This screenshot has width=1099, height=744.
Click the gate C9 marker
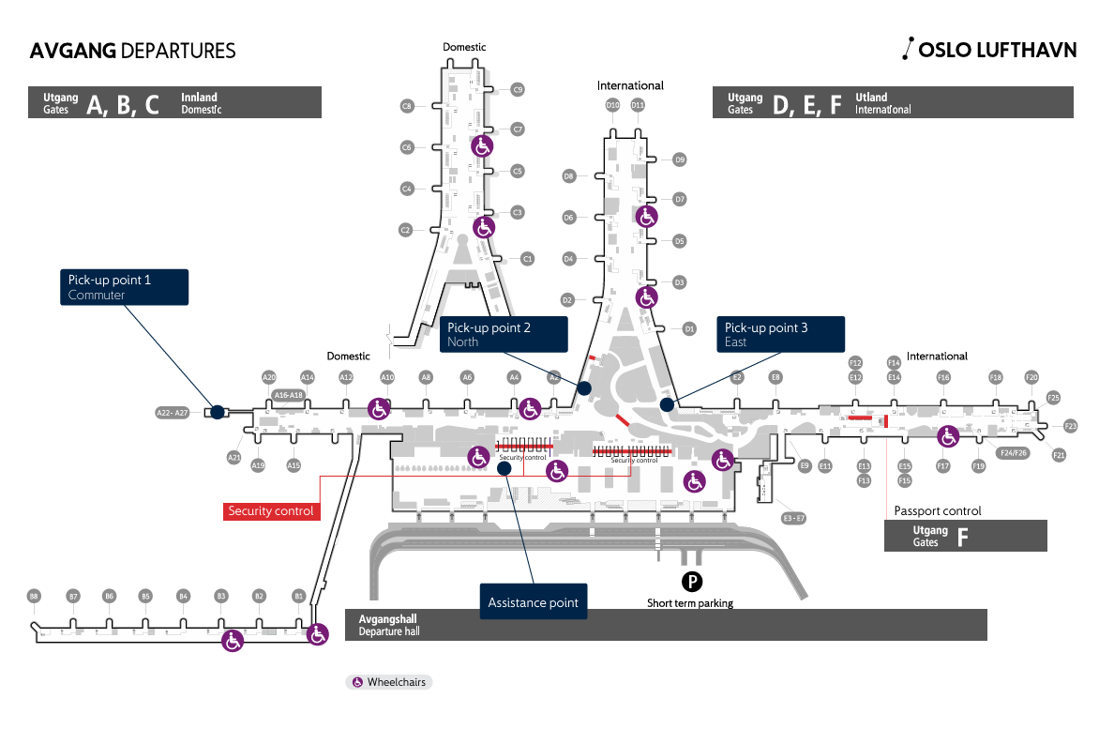[517, 90]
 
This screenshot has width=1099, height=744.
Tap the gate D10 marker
[613, 105]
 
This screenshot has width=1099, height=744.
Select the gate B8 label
[34, 596]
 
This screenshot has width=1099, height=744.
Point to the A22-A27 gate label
[173, 412]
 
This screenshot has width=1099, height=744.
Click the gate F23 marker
[1071, 426]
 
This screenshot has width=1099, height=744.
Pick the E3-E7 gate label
[794, 518]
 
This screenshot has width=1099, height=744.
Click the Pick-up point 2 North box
[504, 334]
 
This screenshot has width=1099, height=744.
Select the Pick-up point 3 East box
[781, 334]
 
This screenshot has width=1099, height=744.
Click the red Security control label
[272, 511]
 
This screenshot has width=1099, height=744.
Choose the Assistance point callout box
[533, 602]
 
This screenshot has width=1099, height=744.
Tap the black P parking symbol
[690, 583]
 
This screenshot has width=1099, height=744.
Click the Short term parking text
[690, 603]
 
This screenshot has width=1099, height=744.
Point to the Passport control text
[938, 511]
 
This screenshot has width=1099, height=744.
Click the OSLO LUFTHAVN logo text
[997, 51]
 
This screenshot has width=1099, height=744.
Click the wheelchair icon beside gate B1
[317, 634]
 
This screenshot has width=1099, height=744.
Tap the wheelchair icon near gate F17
[948, 436]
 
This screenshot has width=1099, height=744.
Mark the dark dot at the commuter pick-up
[217, 412]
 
